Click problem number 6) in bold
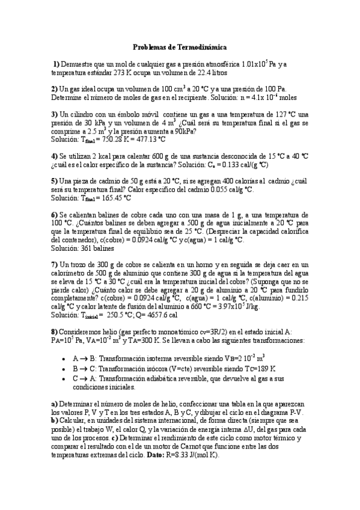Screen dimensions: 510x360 coord(54,214)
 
